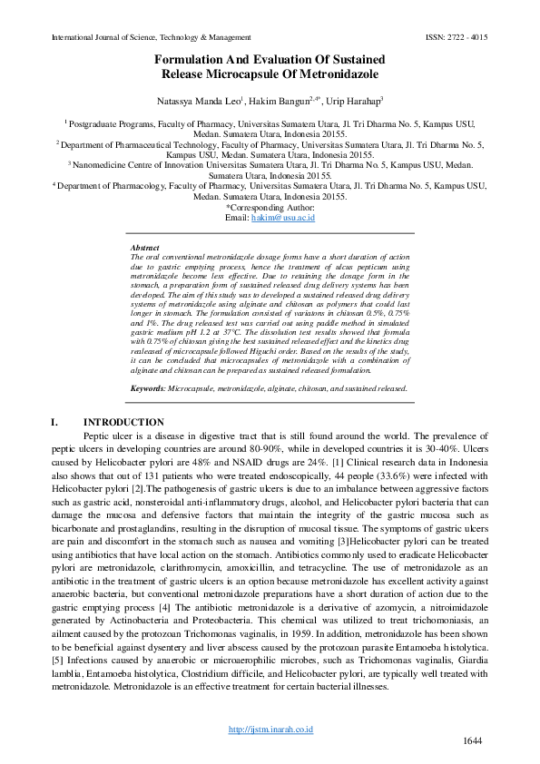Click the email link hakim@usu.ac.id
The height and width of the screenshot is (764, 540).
[283, 219]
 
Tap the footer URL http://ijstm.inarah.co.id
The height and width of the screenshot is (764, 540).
[270, 729]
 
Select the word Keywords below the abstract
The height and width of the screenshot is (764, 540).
[149, 387]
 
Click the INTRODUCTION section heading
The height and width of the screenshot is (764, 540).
[123, 422]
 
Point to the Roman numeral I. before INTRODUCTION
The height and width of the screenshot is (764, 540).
[55, 422]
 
